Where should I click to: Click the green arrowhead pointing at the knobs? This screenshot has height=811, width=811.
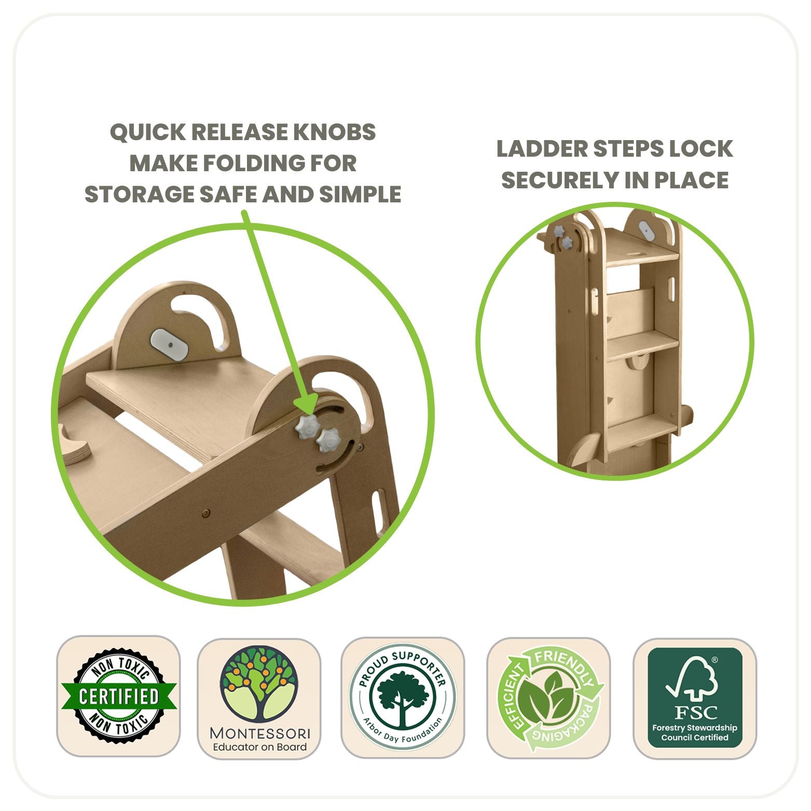[307, 405]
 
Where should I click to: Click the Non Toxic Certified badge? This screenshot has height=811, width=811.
[118, 696]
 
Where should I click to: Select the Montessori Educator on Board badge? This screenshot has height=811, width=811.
[259, 698]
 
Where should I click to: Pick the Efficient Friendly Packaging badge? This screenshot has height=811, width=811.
[548, 698]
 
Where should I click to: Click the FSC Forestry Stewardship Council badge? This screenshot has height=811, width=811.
[695, 698]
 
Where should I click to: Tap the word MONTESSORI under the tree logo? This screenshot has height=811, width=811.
[259, 733]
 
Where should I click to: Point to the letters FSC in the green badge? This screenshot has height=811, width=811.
[695, 712]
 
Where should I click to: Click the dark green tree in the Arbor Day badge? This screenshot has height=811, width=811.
[402, 695]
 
